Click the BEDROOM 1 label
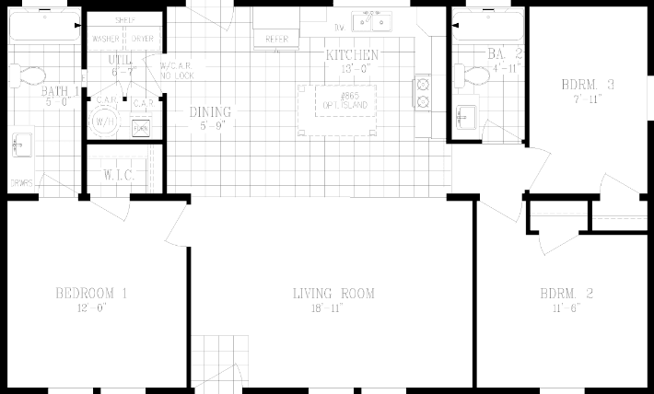click(x=91, y=294)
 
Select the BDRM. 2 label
click(x=566, y=294)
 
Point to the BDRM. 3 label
click(x=588, y=85)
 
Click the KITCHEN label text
click(x=352, y=55)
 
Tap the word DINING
click(x=211, y=112)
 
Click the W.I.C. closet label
click(x=120, y=174)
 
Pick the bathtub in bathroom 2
click(x=485, y=29)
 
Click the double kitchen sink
click(x=376, y=22)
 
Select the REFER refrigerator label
click(x=275, y=40)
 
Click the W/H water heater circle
click(x=102, y=121)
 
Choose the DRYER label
click(x=142, y=39)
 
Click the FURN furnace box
click(x=141, y=128)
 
